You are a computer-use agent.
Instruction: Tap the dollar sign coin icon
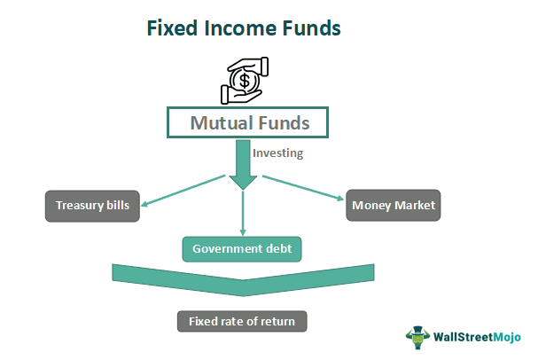[x=243, y=82]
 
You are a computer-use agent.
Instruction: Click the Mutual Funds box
[x=249, y=122]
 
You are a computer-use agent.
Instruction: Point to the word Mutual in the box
[x=221, y=122]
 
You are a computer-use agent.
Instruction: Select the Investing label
[x=277, y=153]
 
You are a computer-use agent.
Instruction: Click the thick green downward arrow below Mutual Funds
[x=244, y=165]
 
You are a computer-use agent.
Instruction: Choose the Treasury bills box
[x=92, y=206]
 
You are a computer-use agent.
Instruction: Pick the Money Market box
[x=393, y=206]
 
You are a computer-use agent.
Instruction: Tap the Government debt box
[x=242, y=249]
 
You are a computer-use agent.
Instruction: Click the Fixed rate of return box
[x=242, y=321]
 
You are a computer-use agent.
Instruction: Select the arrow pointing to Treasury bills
[x=182, y=190]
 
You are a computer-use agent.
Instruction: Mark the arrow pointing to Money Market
[x=301, y=190]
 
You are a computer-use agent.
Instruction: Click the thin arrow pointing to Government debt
[x=243, y=213]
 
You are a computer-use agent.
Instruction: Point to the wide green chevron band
[x=243, y=281]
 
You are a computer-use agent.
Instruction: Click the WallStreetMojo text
[x=478, y=337]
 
